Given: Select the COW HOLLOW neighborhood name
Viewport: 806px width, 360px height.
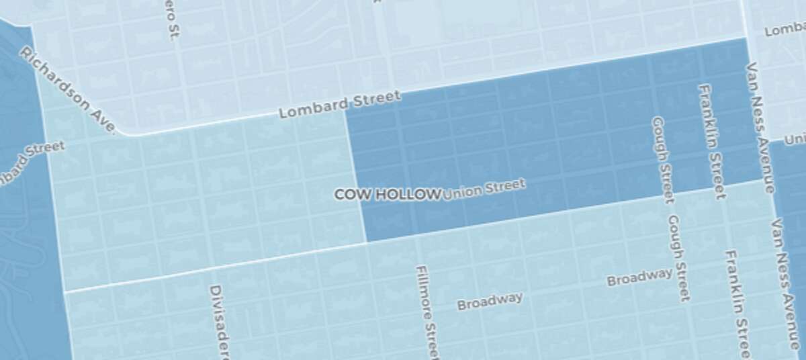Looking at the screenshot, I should click(x=387, y=194).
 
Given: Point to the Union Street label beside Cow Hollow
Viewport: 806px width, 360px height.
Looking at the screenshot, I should click(x=483, y=188).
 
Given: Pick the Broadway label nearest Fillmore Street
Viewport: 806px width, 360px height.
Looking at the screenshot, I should click(x=490, y=301).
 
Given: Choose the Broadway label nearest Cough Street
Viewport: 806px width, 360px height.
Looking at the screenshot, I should click(x=639, y=276).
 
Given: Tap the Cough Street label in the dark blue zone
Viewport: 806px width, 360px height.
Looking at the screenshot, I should click(x=662, y=159).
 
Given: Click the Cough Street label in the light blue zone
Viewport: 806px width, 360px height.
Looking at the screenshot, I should click(x=678, y=258).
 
